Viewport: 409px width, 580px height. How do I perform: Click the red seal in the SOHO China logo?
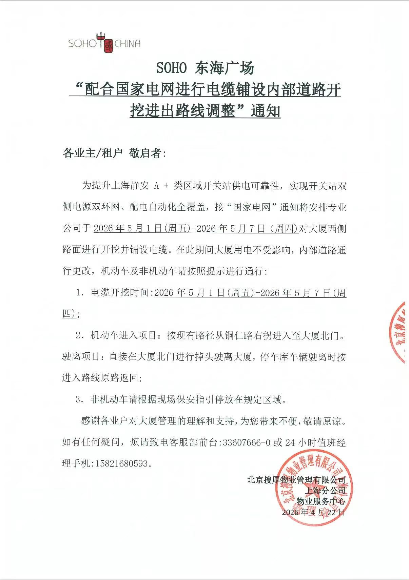[109, 46]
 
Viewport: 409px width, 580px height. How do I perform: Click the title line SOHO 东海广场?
[205, 68]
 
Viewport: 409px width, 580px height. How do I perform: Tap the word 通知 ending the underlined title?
[266, 111]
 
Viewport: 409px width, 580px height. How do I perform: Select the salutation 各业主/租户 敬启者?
[115, 153]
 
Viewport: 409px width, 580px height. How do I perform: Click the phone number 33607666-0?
[247, 442]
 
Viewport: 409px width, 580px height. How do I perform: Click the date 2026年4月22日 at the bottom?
[313, 512]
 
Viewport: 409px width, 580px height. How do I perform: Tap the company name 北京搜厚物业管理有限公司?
[296, 480]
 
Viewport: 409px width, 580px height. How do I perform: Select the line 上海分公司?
[325, 491]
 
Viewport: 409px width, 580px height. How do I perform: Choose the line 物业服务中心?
[320, 501]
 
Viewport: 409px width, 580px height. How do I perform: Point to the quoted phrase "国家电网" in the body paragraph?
[251, 207]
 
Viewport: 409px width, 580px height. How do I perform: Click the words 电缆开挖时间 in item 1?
[120, 293]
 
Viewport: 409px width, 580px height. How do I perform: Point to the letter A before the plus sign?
[156, 186]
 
